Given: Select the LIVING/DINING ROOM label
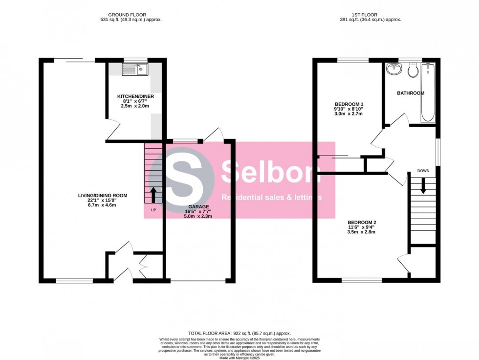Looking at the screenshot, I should pos(103,196).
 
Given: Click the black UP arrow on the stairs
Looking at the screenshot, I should pos(154,195).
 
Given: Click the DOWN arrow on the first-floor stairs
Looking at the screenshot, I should pos(423,185).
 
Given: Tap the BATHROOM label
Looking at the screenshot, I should pos(410,93).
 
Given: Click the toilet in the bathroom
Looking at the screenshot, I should pos(412,70).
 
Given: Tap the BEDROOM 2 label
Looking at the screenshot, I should pos(362,222).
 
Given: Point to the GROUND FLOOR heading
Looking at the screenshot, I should pos(127,15).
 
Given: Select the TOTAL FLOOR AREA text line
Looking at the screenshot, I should pos(239,333).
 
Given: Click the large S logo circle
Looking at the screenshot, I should pos(188,180).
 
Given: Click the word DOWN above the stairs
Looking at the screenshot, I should pos(423,171).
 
